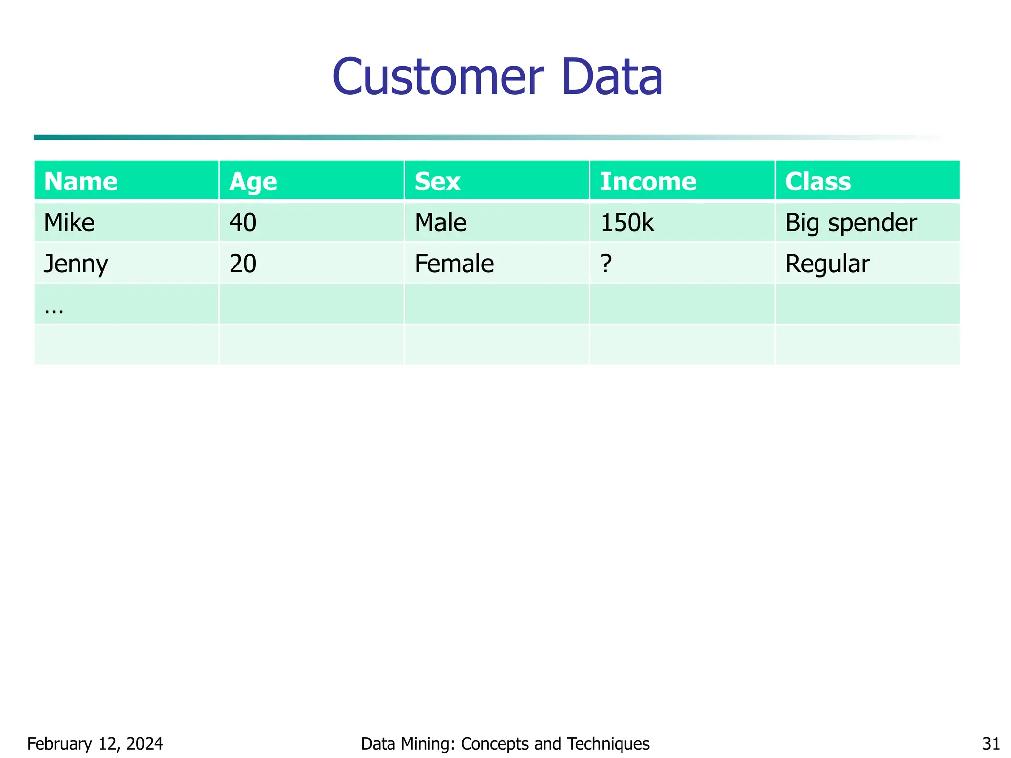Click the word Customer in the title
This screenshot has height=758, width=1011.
(x=438, y=77)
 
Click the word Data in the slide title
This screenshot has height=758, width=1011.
(x=612, y=77)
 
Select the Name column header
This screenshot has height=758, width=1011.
(x=81, y=182)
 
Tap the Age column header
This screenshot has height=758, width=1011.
(x=253, y=182)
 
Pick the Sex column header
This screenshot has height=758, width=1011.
(x=437, y=182)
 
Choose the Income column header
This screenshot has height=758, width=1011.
(x=648, y=182)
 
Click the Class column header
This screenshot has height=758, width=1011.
(x=818, y=182)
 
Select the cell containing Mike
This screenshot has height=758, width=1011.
(x=69, y=223)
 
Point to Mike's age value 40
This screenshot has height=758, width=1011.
(x=243, y=223)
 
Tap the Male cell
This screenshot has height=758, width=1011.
(x=440, y=223)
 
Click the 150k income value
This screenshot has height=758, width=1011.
(x=627, y=223)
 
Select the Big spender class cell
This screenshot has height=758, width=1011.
(x=851, y=223)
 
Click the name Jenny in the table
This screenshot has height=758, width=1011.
(x=76, y=264)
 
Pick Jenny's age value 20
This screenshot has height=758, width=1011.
(x=243, y=264)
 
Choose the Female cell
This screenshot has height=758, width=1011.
(x=454, y=264)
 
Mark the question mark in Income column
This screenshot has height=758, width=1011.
(x=606, y=264)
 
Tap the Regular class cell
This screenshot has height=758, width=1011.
(x=827, y=264)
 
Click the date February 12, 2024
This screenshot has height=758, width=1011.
(x=95, y=743)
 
